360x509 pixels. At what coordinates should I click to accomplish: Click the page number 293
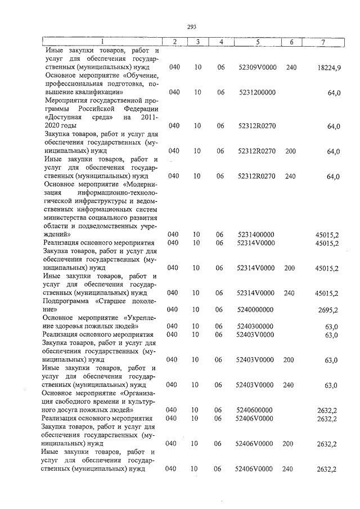click(x=191, y=26)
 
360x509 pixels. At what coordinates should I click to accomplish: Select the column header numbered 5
click(x=257, y=42)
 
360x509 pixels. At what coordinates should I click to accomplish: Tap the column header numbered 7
click(x=323, y=42)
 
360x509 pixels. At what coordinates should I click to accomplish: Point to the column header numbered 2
click(x=175, y=42)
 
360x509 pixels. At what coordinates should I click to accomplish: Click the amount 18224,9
click(x=328, y=67)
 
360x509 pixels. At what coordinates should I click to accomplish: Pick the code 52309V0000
click(x=257, y=67)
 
